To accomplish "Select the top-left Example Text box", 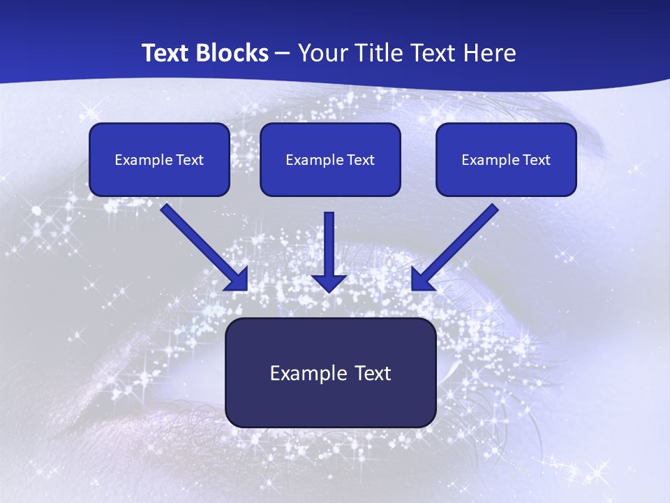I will pyautogui.click(x=159, y=159).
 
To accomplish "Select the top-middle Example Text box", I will pyautogui.click(x=330, y=159).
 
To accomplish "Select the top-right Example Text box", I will pyautogui.click(x=506, y=159).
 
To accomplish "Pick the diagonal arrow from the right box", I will pyautogui.click(x=461, y=241).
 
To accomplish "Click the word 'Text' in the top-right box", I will pyautogui.click(x=536, y=160).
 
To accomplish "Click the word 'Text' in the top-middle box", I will pyautogui.click(x=360, y=160).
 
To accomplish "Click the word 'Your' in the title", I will pyautogui.click(x=318, y=53).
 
